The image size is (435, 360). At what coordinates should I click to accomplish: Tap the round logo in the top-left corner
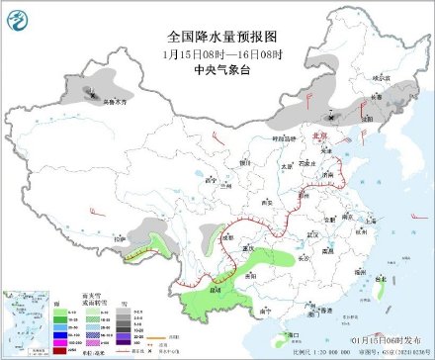(x=20, y=17)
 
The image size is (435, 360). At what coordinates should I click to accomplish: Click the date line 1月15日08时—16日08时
(x=217, y=53)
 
